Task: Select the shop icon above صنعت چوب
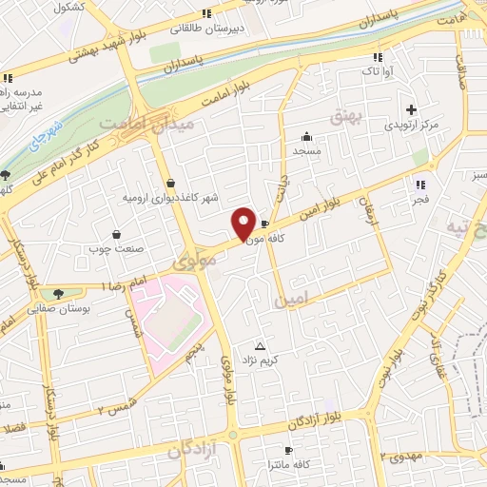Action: click(x=116, y=234)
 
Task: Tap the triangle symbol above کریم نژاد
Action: click(x=261, y=345)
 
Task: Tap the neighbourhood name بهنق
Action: click(x=340, y=116)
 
